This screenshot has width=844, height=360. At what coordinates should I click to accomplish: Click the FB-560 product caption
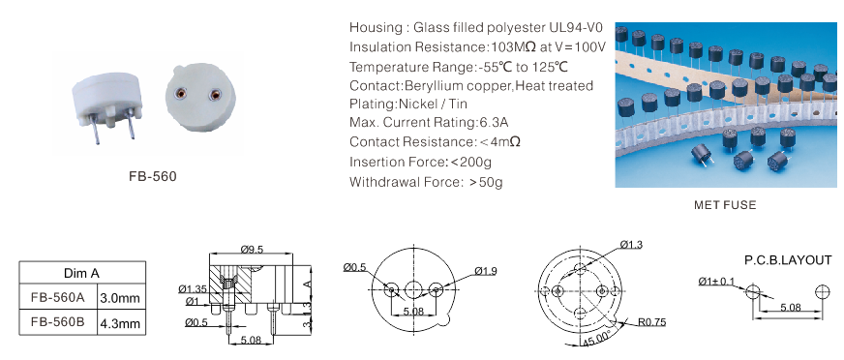[x=153, y=176]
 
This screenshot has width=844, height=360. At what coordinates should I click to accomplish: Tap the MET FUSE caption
[x=725, y=205]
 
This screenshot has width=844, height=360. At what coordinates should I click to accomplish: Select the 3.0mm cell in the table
[x=120, y=297]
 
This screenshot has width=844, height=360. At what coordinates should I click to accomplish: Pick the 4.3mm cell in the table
[x=120, y=323]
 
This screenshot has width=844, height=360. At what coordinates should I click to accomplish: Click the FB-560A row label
[x=58, y=297]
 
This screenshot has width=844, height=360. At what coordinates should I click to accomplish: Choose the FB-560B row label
[x=58, y=322]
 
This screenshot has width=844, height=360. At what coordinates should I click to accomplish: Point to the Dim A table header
[x=81, y=273]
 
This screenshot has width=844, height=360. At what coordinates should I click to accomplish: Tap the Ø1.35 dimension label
[x=193, y=289]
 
